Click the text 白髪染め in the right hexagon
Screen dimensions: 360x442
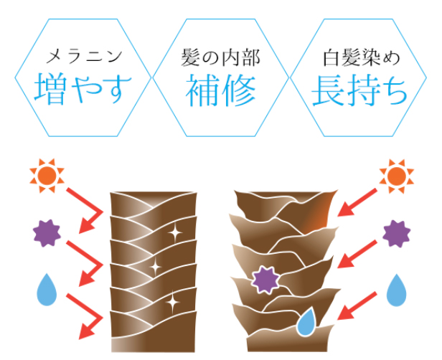tap(359, 55)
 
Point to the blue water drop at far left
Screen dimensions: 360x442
tap(47, 288)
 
